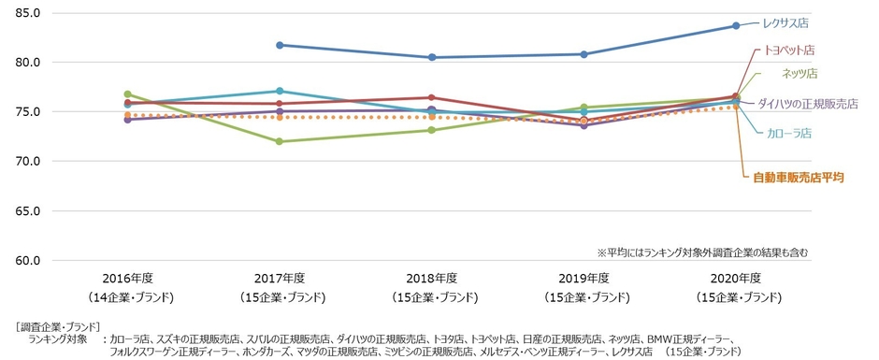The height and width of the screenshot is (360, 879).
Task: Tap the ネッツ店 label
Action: (x=800, y=72)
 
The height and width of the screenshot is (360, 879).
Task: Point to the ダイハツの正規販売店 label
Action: (x=807, y=103)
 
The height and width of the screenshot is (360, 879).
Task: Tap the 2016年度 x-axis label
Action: (x=127, y=278)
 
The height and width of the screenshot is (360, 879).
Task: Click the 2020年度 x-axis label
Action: (x=736, y=278)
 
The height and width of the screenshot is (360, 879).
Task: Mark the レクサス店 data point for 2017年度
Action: (x=280, y=45)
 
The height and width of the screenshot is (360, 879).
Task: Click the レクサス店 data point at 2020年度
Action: (x=736, y=25)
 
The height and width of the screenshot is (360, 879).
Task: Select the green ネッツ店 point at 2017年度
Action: (x=280, y=141)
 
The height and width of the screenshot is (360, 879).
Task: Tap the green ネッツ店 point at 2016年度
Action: (x=127, y=94)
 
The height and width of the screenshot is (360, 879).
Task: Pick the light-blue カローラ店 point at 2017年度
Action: (x=280, y=91)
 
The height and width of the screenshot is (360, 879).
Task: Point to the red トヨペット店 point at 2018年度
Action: (x=432, y=97)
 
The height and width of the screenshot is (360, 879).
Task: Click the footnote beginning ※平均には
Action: (x=701, y=252)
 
